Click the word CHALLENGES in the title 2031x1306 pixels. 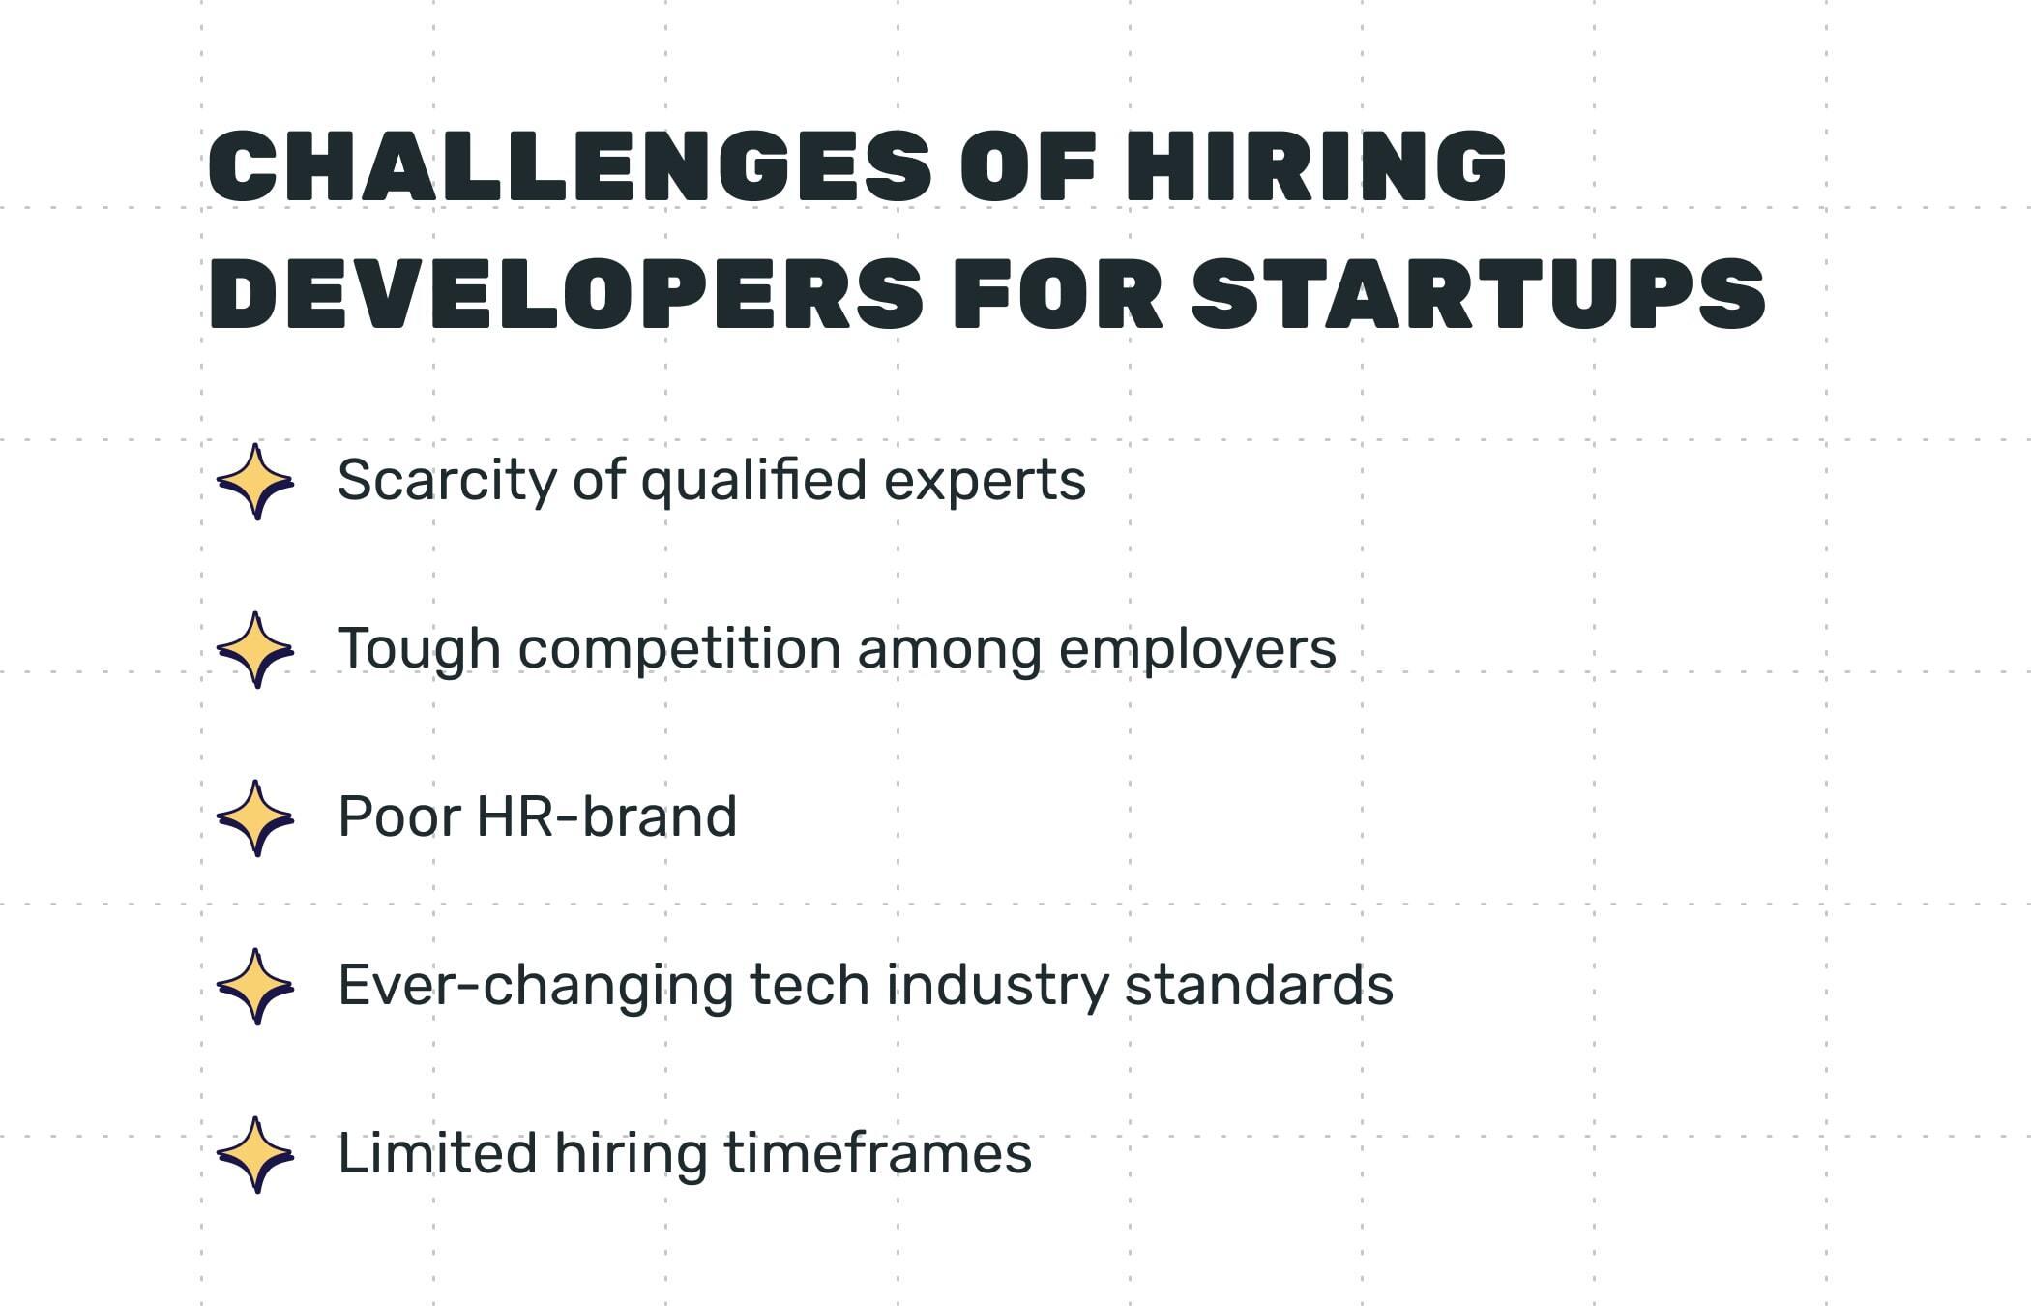click(571, 166)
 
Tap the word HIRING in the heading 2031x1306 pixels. click(1315, 166)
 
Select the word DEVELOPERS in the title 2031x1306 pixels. click(566, 294)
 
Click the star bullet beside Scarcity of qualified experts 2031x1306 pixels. click(255, 481)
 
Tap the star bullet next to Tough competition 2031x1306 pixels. click(255, 649)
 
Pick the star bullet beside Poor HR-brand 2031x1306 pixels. click(255, 817)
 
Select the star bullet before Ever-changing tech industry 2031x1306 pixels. click(255, 986)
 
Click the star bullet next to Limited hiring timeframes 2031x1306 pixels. click(255, 1154)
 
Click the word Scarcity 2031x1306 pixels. click(446, 481)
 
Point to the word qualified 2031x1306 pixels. click(753, 481)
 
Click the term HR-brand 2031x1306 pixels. click(606, 817)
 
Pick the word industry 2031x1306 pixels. click(997, 986)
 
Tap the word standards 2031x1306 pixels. click(1258, 986)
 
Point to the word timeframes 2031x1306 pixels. click(877, 1154)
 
